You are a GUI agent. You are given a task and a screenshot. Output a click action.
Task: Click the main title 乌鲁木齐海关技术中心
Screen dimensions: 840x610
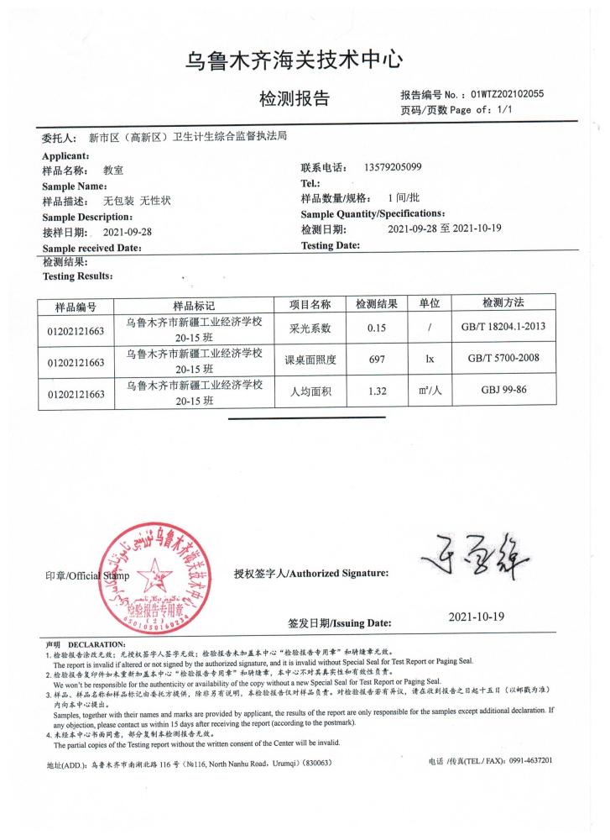pos(295,60)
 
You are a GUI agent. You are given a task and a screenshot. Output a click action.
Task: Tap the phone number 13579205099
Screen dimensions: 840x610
pos(394,167)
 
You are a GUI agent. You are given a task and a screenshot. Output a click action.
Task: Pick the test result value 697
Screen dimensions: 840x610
pos(376,360)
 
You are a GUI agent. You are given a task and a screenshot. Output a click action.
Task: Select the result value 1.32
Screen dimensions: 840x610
pos(376,391)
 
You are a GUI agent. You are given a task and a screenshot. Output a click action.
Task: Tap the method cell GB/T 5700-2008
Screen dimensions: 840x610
pos(503,360)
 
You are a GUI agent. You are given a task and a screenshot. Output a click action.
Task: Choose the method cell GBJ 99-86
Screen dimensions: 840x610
pos(503,391)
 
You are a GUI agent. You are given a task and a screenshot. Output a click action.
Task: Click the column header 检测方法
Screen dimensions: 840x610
pos(503,302)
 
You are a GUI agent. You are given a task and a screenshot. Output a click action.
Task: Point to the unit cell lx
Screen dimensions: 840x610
pos(429,360)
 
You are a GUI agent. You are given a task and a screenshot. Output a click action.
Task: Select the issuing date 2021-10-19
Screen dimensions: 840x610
pos(477,617)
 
